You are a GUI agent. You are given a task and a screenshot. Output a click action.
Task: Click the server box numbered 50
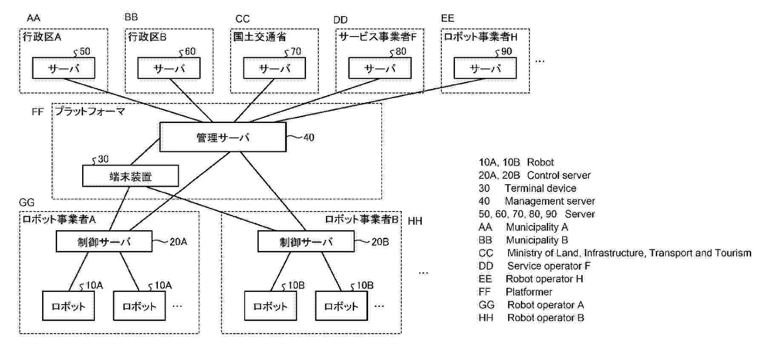63,68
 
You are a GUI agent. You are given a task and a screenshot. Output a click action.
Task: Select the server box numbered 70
274,68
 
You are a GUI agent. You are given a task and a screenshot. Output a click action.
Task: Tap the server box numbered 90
485,68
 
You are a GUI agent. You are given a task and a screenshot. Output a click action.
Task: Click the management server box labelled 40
223,137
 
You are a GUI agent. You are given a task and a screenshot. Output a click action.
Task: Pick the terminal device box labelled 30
130,176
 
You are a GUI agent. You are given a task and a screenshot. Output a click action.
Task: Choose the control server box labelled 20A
104,242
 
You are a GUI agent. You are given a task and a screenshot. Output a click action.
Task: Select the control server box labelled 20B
306,242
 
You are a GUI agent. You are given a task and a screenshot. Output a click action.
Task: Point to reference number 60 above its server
190,51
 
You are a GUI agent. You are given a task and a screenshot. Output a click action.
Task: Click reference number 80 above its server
400,51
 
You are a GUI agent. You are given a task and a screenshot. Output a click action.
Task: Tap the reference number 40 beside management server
309,137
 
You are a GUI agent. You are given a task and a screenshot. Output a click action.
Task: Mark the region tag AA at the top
34,18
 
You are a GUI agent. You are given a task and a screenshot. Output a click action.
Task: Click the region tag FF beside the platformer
38,112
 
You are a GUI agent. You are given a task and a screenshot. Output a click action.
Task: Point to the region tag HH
415,221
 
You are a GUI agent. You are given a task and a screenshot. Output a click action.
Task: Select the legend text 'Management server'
549,201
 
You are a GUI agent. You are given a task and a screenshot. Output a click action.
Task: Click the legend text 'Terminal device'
540,188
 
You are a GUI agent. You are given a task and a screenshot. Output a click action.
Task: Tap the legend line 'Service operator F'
549,266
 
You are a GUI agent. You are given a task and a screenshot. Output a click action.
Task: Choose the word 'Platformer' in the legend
529,292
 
